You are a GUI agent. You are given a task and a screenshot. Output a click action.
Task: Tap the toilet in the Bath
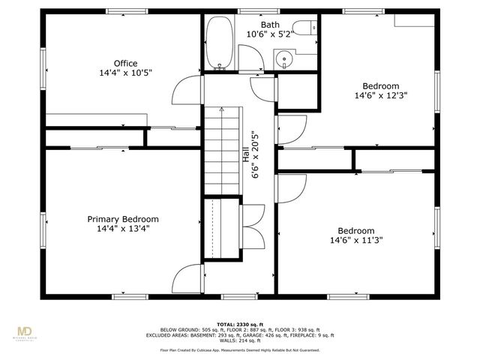pyautogui.click(x=304, y=28)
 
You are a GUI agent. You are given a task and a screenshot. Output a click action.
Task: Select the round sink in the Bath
pyautogui.click(x=284, y=58)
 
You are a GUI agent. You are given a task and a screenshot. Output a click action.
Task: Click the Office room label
pyautogui.click(x=125, y=63)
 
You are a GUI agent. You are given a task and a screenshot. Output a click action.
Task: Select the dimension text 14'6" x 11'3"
pyautogui.click(x=355, y=241)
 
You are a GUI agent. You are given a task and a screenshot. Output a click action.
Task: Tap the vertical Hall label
pyautogui.click(x=244, y=155)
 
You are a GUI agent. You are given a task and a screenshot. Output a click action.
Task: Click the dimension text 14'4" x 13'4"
pyautogui.click(x=123, y=229)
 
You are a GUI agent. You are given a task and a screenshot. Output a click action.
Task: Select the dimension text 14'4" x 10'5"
pyautogui.click(x=125, y=73)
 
